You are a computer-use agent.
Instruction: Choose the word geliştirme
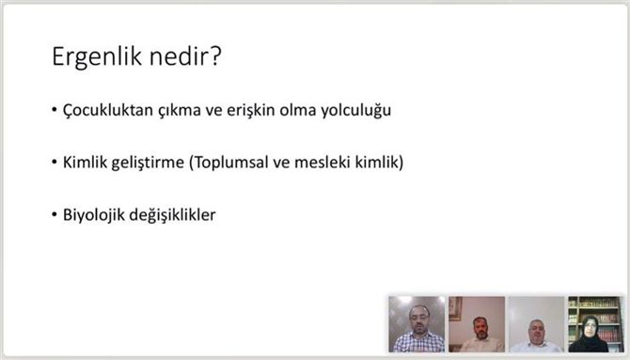[150, 163]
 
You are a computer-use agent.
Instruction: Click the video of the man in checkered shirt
[417, 324]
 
